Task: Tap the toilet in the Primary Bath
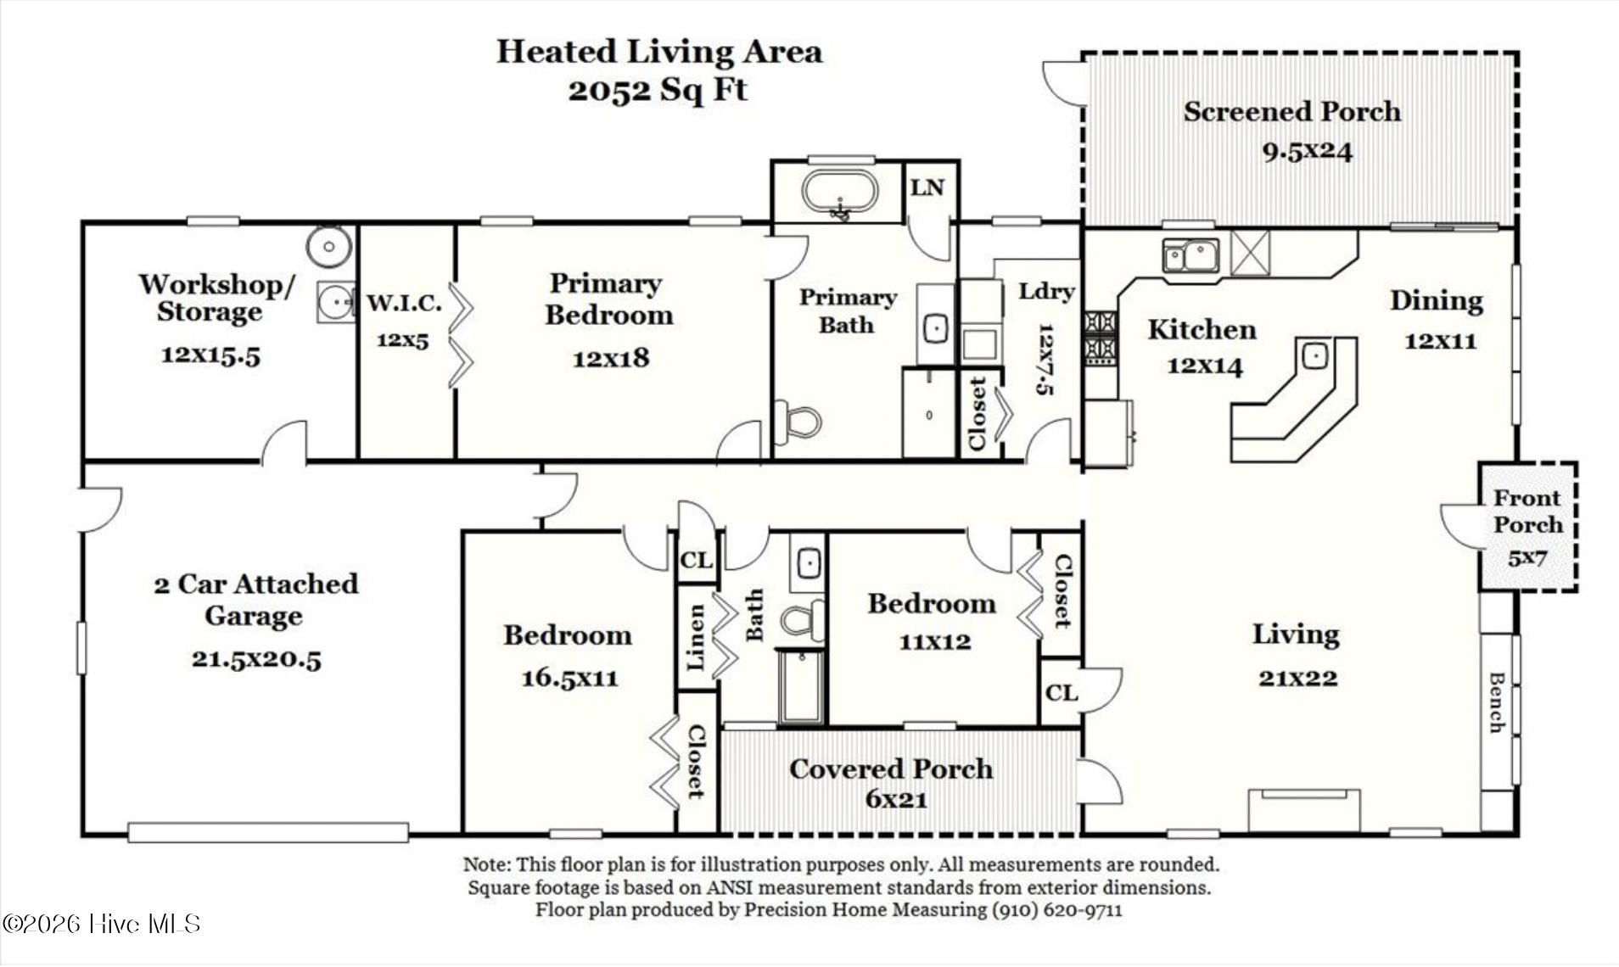tap(798, 422)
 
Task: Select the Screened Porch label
tap(1291, 111)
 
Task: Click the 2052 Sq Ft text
tap(658, 89)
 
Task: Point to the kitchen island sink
tap(1314, 355)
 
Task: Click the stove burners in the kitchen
tap(1101, 337)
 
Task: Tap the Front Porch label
tap(1527, 511)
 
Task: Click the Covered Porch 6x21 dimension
tap(896, 799)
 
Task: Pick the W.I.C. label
tap(404, 303)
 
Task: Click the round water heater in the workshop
tap(329, 247)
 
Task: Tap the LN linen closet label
tap(927, 187)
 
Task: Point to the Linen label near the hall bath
tap(696, 637)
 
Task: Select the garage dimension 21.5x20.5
tap(256, 659)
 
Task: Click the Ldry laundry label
tap(1046, 292)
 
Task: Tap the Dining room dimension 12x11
tap(1440, 341)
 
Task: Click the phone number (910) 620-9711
tap(1056, 910)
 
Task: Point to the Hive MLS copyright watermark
tap(101, 924)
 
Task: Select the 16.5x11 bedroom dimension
tap(569, 678)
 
